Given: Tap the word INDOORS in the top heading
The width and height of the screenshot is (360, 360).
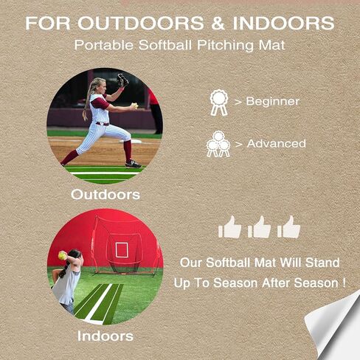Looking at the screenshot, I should coord(284,23).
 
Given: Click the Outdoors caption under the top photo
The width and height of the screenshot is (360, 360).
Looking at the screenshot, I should coord(105,195).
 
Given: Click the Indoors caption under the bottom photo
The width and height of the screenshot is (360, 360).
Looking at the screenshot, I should coord(105,336).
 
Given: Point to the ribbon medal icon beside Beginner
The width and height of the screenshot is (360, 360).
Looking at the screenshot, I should coord(218,102).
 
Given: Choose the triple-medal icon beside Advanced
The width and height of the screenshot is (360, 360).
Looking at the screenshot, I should coord(218,144).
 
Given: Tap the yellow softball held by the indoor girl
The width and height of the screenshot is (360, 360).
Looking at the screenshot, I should coord(63,256).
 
